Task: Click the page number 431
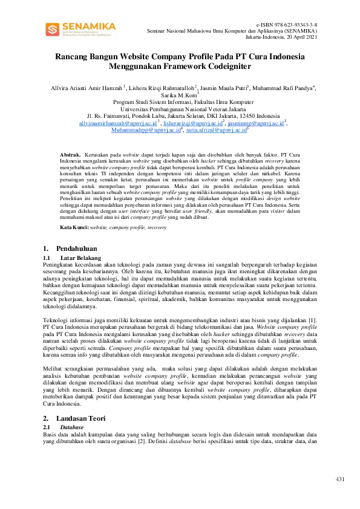point(339,479)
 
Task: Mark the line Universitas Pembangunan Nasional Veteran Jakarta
point(180,109)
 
